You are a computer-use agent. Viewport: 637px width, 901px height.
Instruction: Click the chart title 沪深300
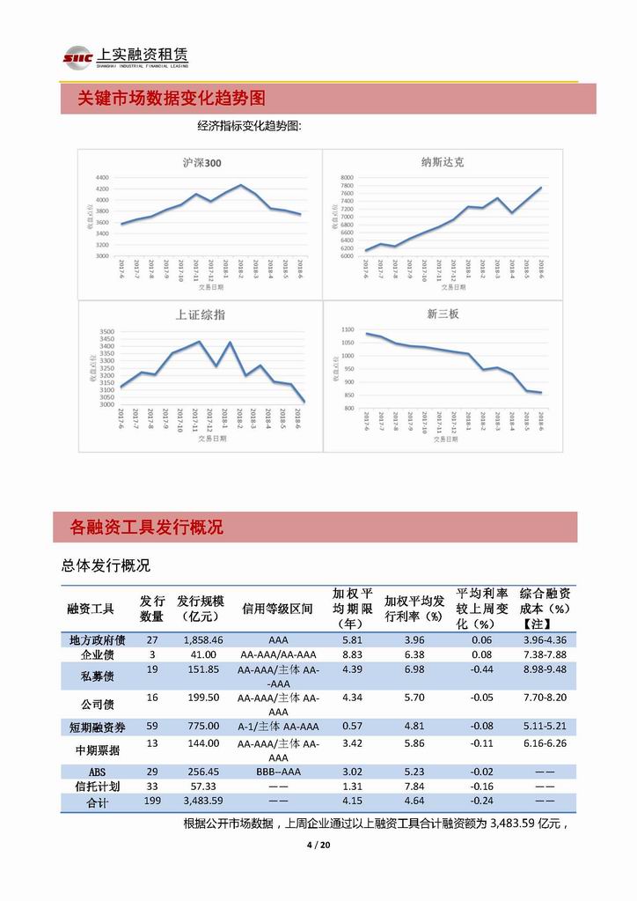click(201, 163)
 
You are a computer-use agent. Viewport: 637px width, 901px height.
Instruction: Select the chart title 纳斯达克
click(443, 162)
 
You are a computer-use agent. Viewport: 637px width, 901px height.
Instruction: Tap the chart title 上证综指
click(201, 314)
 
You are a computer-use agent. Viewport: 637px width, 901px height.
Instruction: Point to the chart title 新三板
click(443, 314)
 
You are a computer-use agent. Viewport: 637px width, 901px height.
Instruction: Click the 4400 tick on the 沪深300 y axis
click(102, 178)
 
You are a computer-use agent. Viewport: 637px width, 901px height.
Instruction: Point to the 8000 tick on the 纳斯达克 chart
click(346, 177)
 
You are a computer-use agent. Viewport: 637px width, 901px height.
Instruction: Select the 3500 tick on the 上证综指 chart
click(106, 331)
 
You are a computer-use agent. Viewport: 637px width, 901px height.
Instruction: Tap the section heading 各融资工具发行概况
click(146, 528)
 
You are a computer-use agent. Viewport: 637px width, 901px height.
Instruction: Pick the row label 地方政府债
click(97, 640)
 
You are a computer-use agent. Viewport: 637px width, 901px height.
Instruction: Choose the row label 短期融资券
click(97, 727)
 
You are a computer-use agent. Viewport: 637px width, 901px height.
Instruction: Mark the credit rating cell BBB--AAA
click(278, 772)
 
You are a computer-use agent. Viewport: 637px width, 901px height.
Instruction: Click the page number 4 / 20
click(318, 846)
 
